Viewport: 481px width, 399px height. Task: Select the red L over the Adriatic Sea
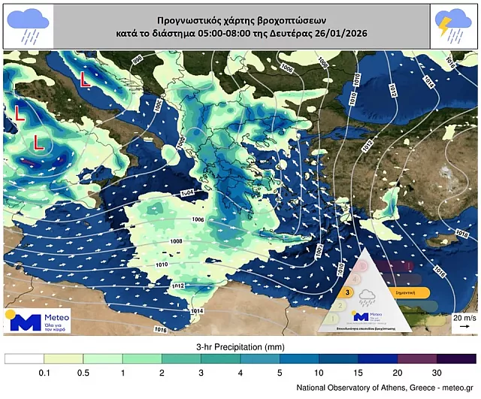pyautogui.click(x=86, y=77)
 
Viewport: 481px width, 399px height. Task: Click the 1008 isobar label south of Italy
pyautogui.click(x=176, y=241)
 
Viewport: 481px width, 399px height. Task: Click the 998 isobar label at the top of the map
pyautogui.click(x=137, y=59)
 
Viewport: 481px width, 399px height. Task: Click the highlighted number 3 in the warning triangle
pyautogui.click(x=348, y=293)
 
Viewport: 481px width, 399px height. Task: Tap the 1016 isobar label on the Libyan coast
pyautogui.click(x=160, y=329)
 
